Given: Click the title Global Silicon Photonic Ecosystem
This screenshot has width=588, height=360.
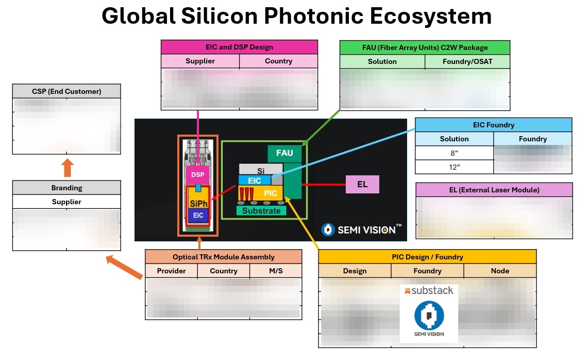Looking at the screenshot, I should (296, 17).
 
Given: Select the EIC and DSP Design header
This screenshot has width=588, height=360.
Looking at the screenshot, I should (239, 47).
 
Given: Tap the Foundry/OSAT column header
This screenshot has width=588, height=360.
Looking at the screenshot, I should (467, 61).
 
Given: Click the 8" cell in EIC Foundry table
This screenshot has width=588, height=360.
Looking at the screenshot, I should (454, 153).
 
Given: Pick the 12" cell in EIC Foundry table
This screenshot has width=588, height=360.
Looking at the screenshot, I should (454, 167).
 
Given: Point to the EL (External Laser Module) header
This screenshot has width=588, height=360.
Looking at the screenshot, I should (494, 190).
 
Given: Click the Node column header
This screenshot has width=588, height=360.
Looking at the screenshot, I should (500, 271).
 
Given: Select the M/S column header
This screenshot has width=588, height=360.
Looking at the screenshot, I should (275, 271).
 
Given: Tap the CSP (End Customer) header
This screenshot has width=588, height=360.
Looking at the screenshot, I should (66, 91).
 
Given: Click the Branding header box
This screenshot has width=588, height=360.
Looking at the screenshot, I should (66, 188).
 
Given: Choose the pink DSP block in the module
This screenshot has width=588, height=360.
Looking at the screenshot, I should (197, 174).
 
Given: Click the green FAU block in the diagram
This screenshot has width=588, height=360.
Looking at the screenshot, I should (284, 153).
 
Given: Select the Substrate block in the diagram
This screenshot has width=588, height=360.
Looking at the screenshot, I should (261, 210).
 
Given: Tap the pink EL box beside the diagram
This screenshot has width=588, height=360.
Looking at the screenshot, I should (362, 184).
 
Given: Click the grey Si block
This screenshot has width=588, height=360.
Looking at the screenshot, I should (260, 170).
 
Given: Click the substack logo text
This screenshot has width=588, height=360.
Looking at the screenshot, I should (429, 290).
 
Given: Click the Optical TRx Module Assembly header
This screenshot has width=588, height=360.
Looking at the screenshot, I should (223, 257).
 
